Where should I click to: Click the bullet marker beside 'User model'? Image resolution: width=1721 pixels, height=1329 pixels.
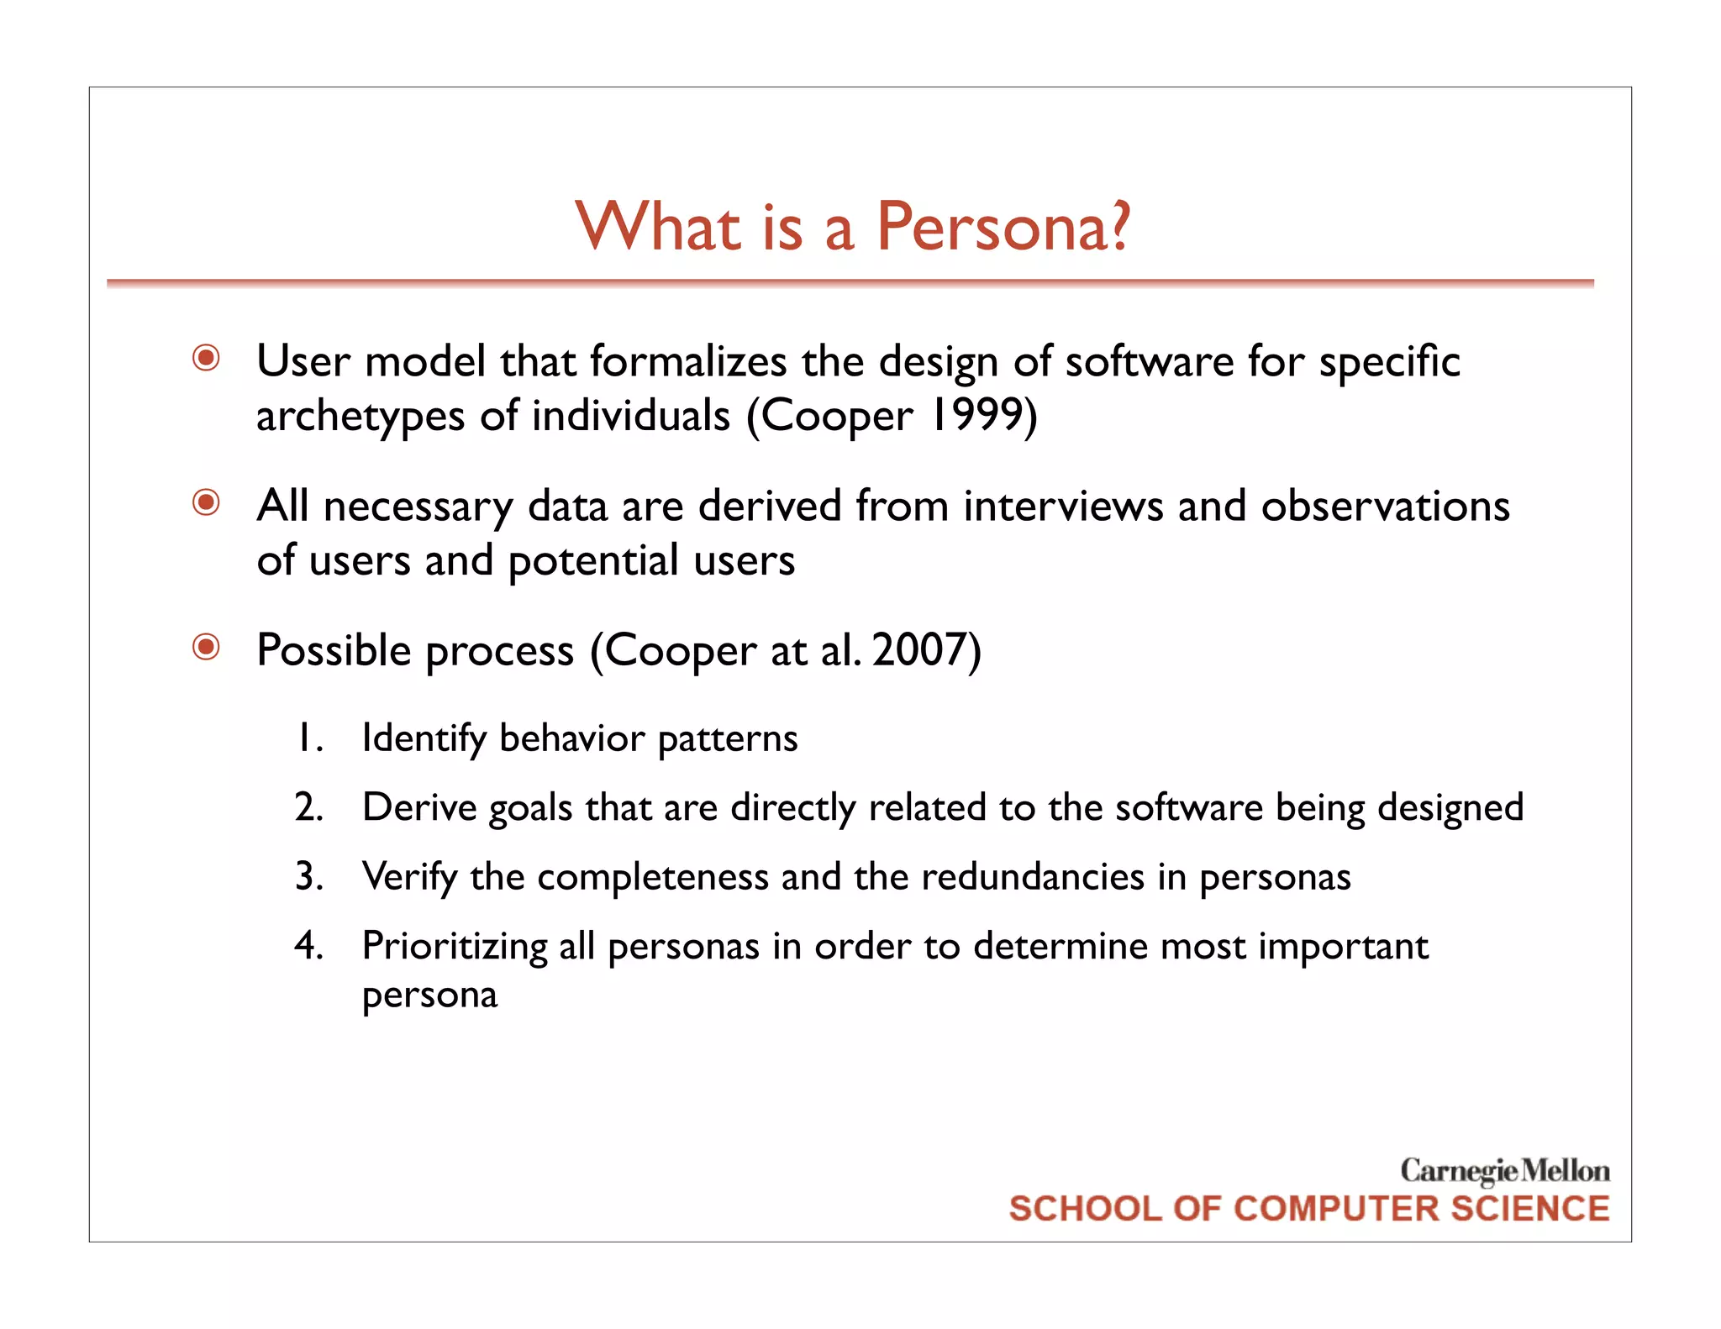click(206, 359)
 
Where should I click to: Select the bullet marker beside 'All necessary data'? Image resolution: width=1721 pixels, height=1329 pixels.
click(206, 503)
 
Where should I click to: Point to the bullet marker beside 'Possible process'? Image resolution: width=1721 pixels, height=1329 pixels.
click(206, 648)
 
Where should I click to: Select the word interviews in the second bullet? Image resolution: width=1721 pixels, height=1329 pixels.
click(1063, 507)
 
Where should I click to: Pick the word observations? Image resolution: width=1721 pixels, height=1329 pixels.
click(1385, 507)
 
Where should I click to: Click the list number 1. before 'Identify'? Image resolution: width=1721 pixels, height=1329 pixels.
click(309, 738)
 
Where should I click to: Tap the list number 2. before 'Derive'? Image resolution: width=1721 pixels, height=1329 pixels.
click(309, 807)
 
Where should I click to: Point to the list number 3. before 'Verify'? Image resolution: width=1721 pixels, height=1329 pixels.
click(309, 877)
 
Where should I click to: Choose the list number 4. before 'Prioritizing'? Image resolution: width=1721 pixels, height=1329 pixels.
click(309, 946)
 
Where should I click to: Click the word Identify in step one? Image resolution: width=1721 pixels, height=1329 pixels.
click(424, 739)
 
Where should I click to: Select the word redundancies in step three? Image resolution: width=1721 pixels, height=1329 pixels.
click(1033, 877)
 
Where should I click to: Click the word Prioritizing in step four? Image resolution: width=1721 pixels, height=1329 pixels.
click(455, 947)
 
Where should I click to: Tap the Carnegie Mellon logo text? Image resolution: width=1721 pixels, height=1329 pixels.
click(1504, 1170)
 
